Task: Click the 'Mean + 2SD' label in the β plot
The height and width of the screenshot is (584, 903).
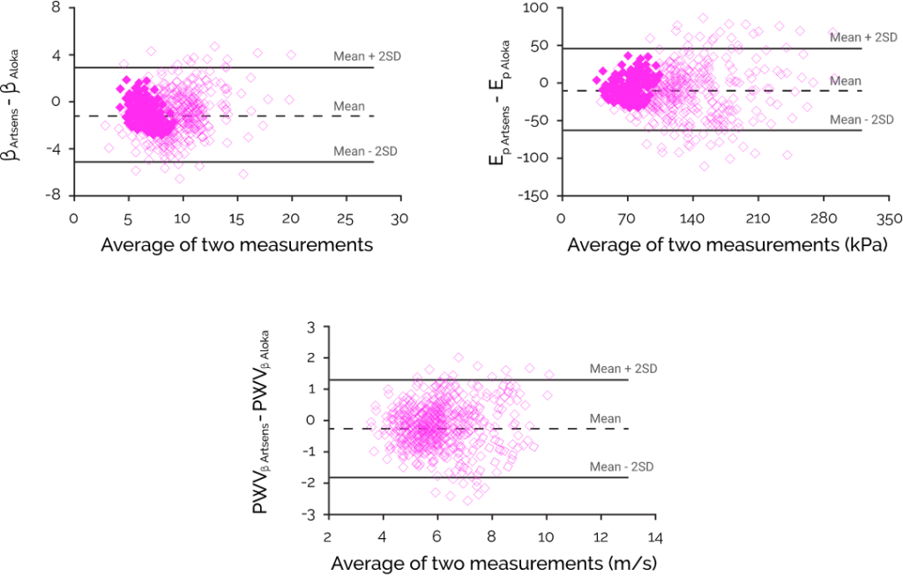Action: point(366,56)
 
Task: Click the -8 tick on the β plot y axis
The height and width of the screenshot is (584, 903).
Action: point(55,195)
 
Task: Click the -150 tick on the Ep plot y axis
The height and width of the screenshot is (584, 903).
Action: point(534,195)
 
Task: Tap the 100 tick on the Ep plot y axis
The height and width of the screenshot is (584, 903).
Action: point(537,8)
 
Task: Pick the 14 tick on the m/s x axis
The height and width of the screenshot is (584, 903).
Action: point(655,536)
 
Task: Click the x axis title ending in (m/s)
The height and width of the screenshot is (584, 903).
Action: point(494,563)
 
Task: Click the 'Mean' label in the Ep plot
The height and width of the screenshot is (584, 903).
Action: point(847,80)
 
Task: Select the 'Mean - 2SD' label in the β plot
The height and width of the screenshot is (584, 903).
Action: point(366,151)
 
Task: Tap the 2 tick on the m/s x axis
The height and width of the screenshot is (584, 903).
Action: point(328,536)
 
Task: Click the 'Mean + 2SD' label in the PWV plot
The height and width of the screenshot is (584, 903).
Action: point(623,368)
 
